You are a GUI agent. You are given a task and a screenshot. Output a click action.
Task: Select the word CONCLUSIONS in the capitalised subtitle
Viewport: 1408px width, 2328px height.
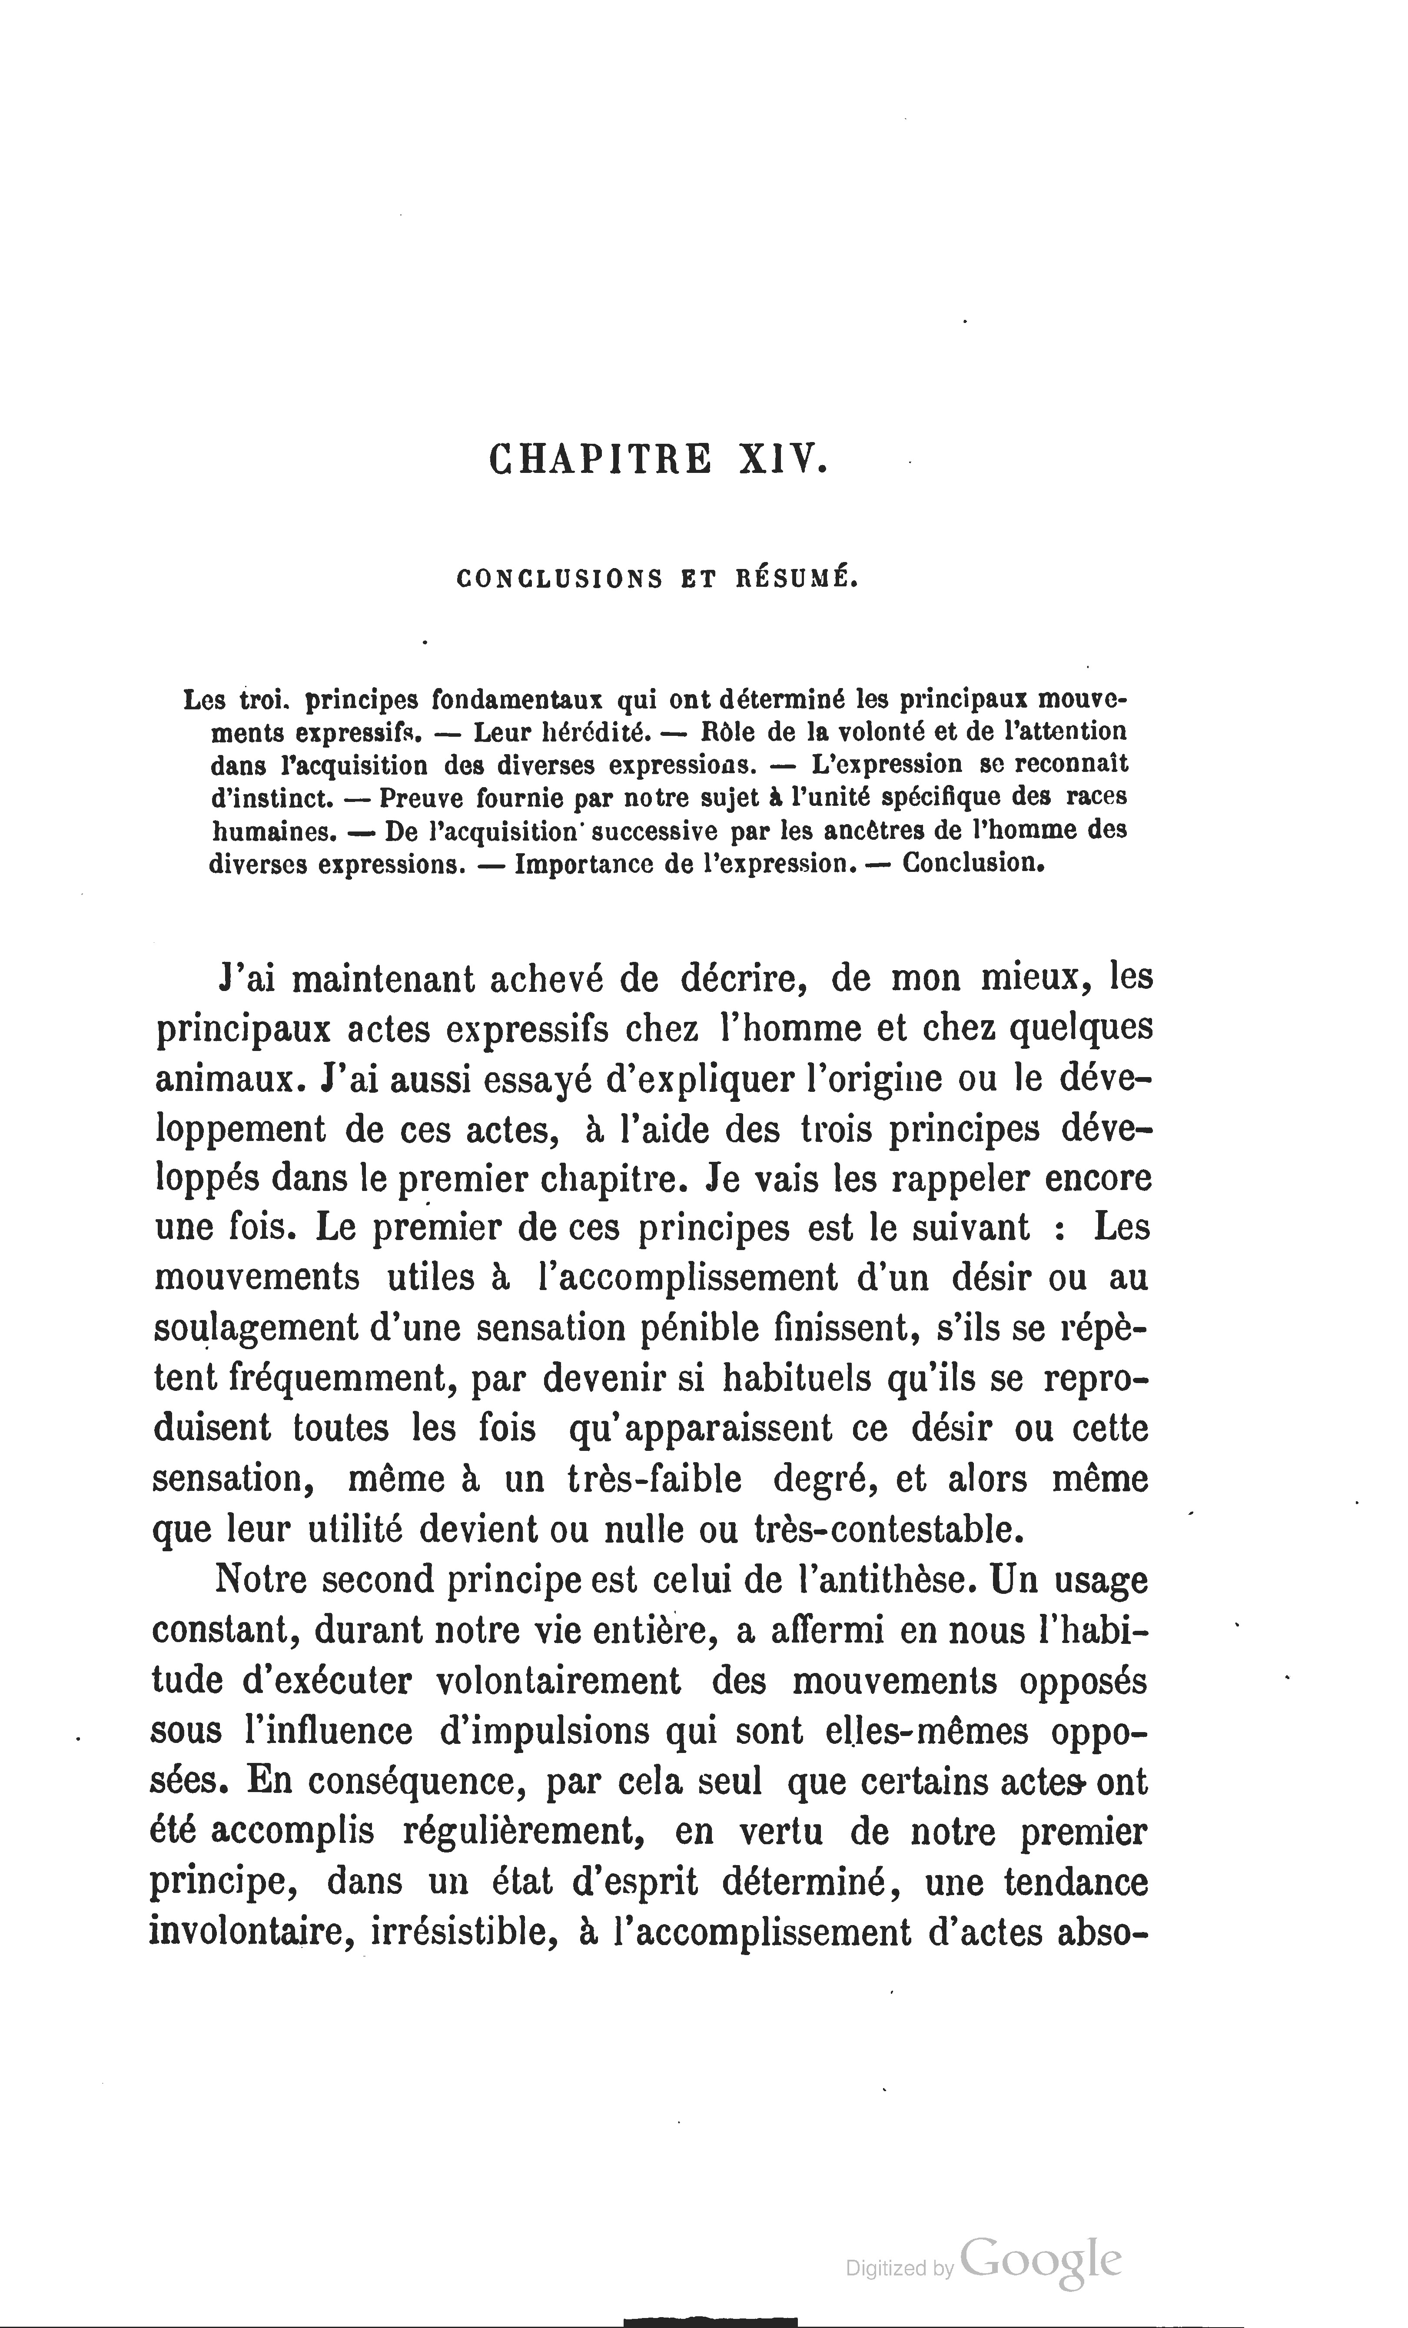click(x=559, y=578)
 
